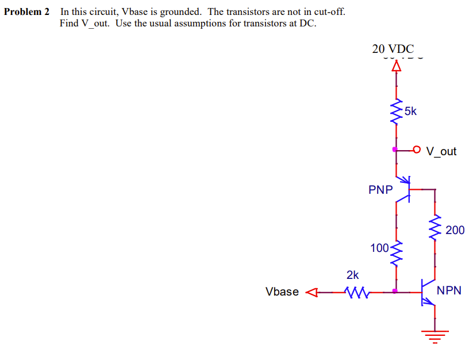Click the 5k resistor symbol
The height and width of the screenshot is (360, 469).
click(395, 113)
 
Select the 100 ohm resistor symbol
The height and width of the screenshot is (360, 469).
click(395, 254)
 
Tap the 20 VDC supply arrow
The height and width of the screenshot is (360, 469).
click(395, 66)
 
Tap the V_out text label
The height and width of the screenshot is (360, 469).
click(441, 151)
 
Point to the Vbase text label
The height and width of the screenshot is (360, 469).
click(282, 292)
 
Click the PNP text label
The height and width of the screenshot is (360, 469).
click(380, 190)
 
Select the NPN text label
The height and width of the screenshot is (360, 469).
click(449, 290)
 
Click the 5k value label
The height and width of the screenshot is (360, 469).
click(410, 111)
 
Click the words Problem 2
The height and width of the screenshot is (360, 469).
click(27, 12)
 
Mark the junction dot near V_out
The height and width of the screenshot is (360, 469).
click(395, 150)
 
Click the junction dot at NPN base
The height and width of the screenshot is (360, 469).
click(395, 292)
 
